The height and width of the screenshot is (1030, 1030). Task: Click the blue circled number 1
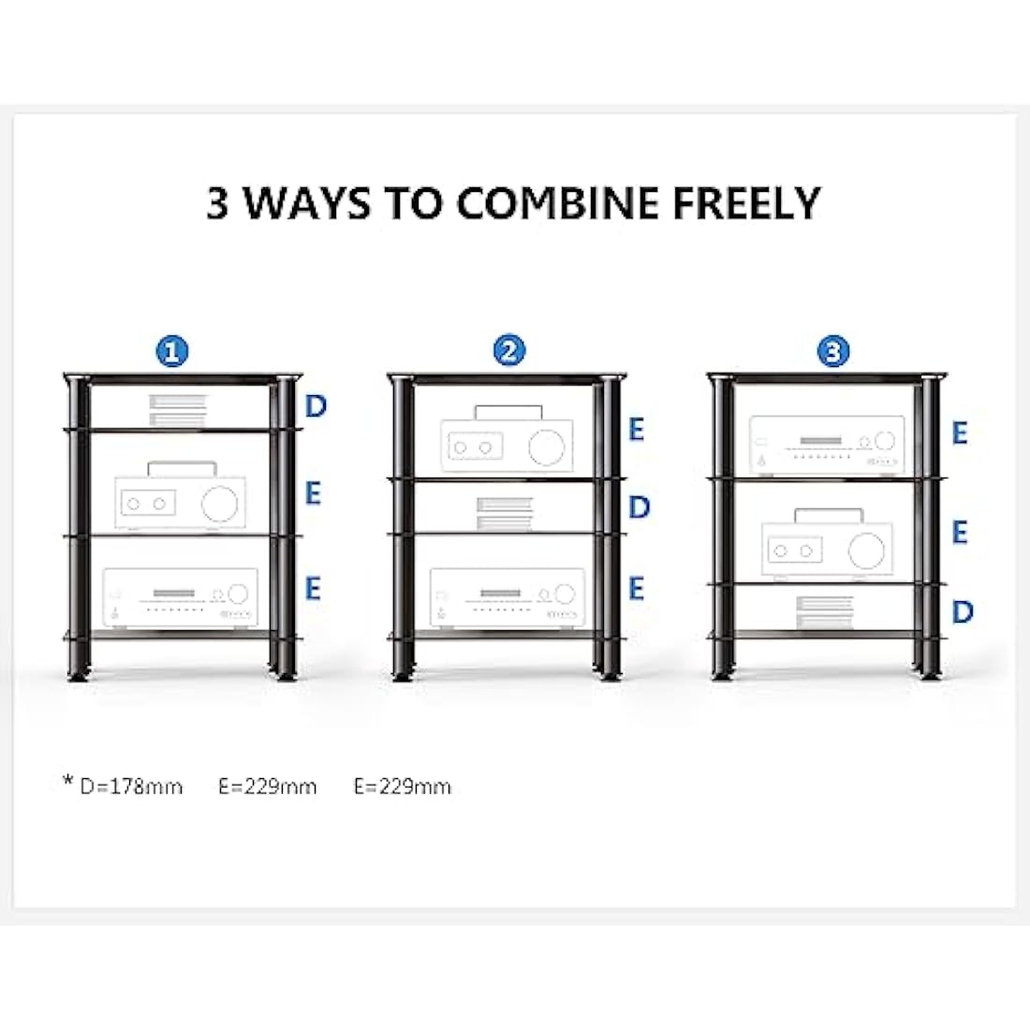point(172,352)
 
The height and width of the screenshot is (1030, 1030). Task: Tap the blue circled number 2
point(508,351)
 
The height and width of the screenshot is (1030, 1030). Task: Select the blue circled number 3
point(832,351)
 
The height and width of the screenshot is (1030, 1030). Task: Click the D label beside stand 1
point(316,406)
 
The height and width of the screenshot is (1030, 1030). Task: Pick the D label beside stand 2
point(639,508)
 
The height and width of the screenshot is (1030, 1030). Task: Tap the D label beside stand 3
point(962,611)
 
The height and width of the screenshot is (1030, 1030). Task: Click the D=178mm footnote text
point(130,787)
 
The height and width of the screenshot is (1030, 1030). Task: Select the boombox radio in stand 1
point(177,496)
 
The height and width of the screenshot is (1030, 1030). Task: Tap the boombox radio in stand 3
point(825,544)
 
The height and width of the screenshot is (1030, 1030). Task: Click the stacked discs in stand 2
point(505,513)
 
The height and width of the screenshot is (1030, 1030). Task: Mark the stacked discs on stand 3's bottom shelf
point(825,612)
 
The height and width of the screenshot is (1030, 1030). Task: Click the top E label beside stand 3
point(960,433)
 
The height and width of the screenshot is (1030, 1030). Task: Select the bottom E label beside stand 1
point(313,588)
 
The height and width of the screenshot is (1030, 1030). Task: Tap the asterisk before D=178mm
point(67,781)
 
